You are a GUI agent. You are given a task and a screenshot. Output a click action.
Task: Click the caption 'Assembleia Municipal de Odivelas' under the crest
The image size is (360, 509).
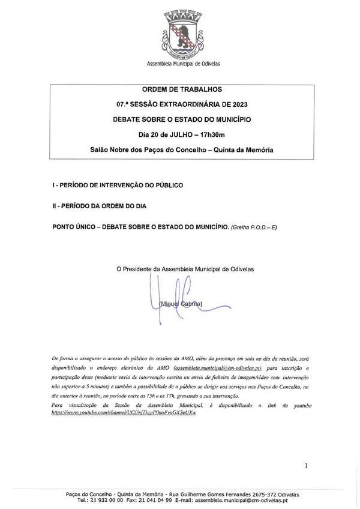point(179,64)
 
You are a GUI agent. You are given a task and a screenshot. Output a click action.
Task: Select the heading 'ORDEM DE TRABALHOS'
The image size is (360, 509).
point(179,90)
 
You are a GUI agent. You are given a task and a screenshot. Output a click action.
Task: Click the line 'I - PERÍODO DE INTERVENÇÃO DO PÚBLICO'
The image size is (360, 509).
point(118,186)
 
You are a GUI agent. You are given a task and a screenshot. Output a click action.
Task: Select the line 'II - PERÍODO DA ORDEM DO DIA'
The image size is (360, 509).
point(99,206)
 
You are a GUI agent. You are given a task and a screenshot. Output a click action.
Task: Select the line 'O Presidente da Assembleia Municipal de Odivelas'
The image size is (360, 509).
point(185,270)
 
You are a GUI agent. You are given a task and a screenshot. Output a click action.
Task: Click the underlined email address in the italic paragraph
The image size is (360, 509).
point(217,366)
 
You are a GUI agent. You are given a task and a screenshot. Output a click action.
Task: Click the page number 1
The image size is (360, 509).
point(306,465)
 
